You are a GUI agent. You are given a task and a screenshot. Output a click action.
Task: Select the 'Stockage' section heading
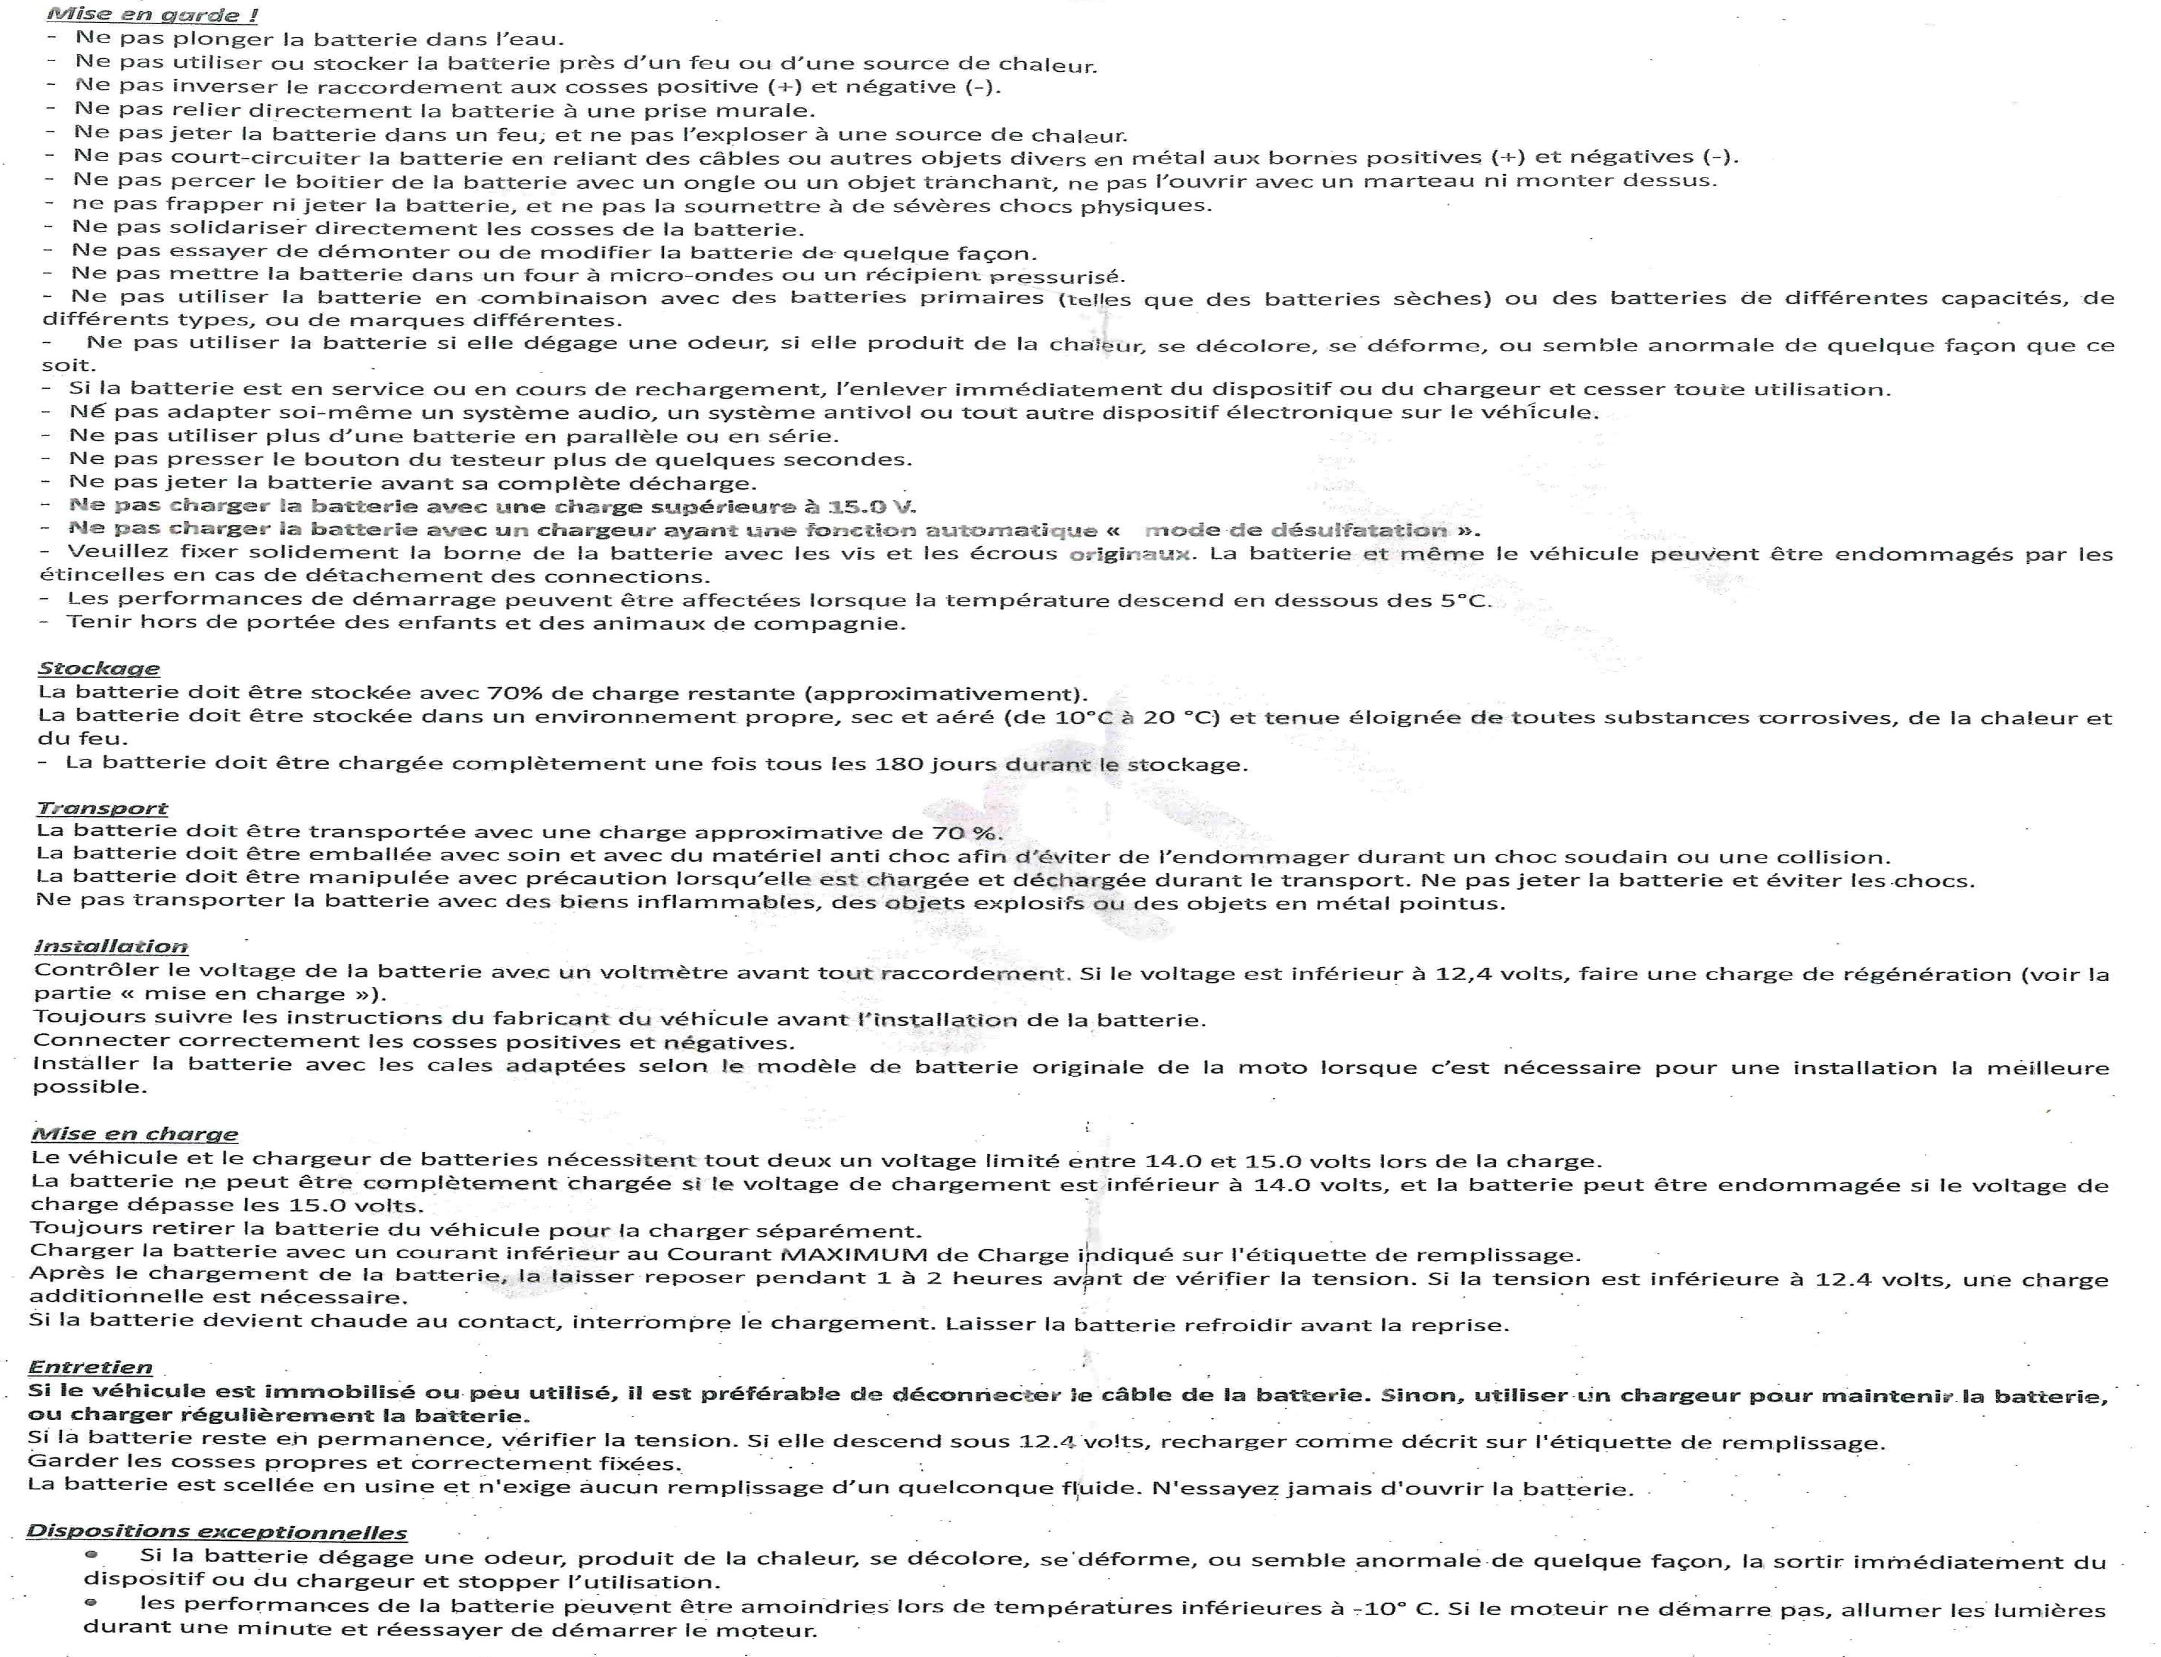click(98, 668)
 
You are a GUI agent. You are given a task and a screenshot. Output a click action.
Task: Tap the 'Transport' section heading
click(102, 808)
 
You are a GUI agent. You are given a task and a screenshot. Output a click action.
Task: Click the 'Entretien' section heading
click(90, 1367)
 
